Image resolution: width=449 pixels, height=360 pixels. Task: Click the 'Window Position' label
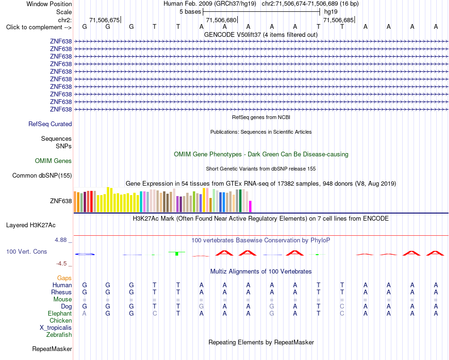click(49, 4)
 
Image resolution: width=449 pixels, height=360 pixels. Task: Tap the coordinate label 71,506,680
click(221, 20)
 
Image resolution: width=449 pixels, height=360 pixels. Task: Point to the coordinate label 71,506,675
click(104, 20)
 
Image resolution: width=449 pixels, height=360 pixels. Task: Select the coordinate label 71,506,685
click(338, 20)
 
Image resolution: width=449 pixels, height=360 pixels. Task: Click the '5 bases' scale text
click(190, 12)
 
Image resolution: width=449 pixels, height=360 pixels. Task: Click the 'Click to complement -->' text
click(39, 27)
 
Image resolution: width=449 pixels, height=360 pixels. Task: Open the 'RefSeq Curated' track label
click(50, 124)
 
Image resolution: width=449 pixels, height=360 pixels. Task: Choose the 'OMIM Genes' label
click(53, 161)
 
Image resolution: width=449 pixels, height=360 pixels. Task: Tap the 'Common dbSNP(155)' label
click(42, 175)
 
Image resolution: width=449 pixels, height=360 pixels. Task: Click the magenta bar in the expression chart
click(250, 206)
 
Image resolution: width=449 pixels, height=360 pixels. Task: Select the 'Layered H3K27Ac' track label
click(31, 225)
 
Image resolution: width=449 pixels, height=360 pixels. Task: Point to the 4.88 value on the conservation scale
click(60, 240)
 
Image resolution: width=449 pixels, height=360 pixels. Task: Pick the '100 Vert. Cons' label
click(26, 251)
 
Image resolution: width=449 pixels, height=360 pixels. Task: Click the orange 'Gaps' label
click(64, 278)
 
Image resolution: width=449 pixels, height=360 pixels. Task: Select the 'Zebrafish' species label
click(59, 334)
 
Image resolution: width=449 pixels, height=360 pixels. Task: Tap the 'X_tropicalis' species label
click(56, 328)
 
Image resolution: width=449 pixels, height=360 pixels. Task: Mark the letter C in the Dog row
click(342, 306)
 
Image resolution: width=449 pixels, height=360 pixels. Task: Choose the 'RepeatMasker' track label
click(52, 349)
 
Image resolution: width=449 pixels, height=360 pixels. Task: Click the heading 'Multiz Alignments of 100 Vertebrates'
click(261, 271)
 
